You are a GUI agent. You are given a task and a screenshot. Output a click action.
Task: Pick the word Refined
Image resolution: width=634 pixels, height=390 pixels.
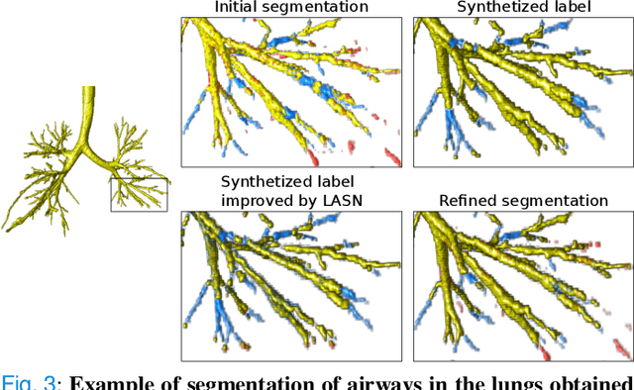point(469,201)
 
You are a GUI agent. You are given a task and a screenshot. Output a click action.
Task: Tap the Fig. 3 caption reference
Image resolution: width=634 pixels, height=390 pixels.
point(23,381)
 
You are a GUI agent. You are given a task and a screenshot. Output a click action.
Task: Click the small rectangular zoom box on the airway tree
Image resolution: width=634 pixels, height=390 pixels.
point(139,193)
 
